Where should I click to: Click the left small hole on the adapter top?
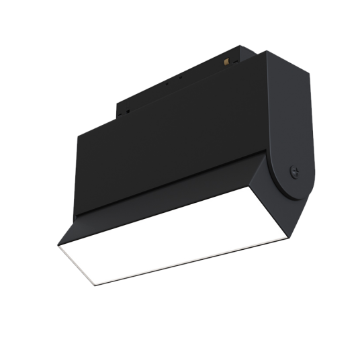167,86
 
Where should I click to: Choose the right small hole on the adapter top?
180,78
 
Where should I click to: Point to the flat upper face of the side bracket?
285,114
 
